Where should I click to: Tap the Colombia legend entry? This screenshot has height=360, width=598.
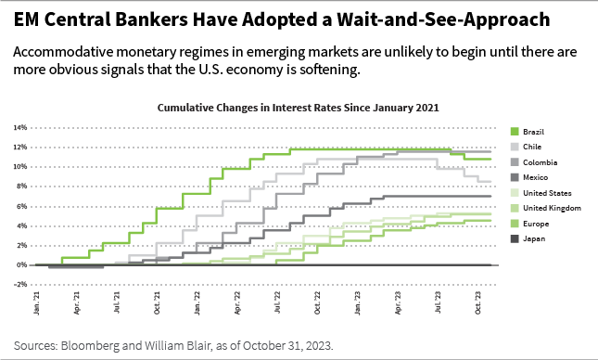[x=540, y=162]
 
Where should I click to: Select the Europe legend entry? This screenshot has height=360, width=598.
[x=537, y=223]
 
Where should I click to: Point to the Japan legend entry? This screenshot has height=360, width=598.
[x=535, y=238]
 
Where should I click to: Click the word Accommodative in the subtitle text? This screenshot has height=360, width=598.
[x=66, y=53]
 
